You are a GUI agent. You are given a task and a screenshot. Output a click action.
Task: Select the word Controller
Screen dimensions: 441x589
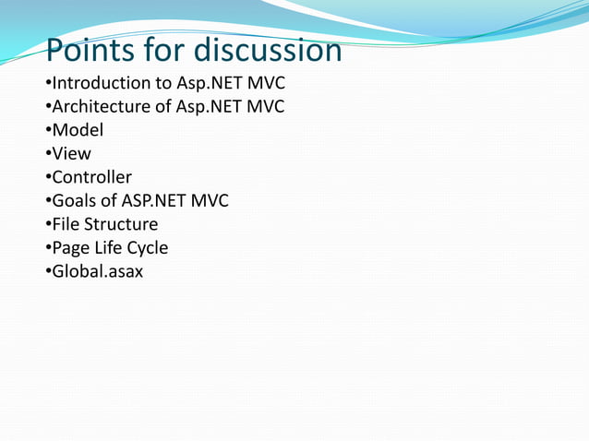point(91,177)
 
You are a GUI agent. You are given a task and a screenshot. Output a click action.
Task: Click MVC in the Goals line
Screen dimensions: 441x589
point(209,201)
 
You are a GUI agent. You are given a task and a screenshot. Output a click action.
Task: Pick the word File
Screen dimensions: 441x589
point(66,224)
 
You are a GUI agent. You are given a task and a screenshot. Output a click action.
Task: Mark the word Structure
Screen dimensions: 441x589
point(122,224)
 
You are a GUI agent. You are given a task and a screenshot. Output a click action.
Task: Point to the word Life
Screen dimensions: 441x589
point(110,248)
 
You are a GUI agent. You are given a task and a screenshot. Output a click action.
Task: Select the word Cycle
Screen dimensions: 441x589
point(149,248)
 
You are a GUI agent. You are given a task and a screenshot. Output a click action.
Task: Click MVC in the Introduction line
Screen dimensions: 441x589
point(266,83)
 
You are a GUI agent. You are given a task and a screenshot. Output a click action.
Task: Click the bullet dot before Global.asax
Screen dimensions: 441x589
point(47,273)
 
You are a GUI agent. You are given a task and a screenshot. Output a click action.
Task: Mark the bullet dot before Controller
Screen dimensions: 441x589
point(47,178)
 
